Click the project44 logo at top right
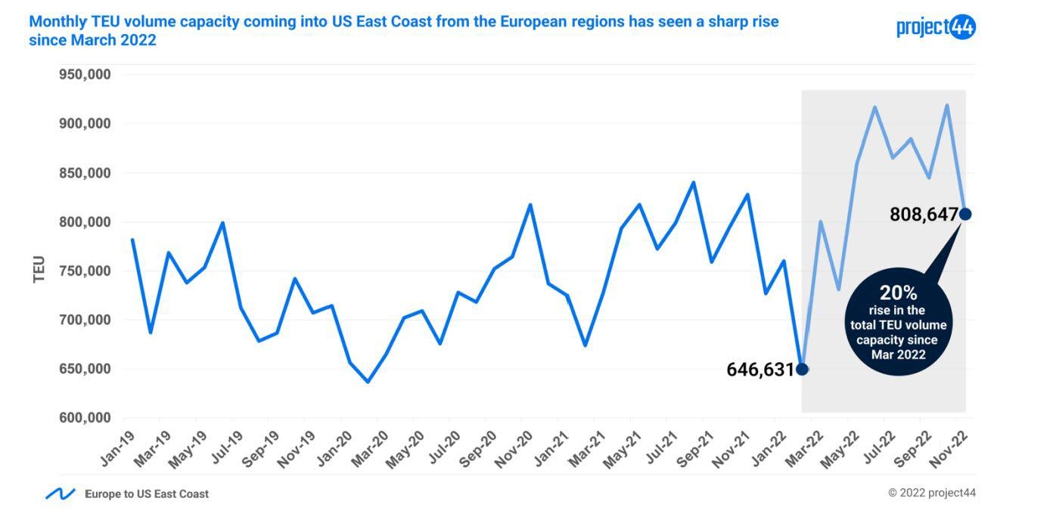tap(936, 27)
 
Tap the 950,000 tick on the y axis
tap(85, 75)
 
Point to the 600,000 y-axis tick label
tap(85, 418)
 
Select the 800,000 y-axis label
tap(85, 222)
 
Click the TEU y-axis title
tap(39, 270)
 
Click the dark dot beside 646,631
tap(802, 370)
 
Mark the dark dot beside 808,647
tap(965, 215)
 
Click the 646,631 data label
tap(760, 370)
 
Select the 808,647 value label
tap(924, 215)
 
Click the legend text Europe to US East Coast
tap(147, 494)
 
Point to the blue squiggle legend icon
tap(60, 494)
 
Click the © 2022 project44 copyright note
tap(932, 493)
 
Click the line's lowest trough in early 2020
tap(368, 382)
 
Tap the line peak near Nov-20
tap(530, 204)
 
